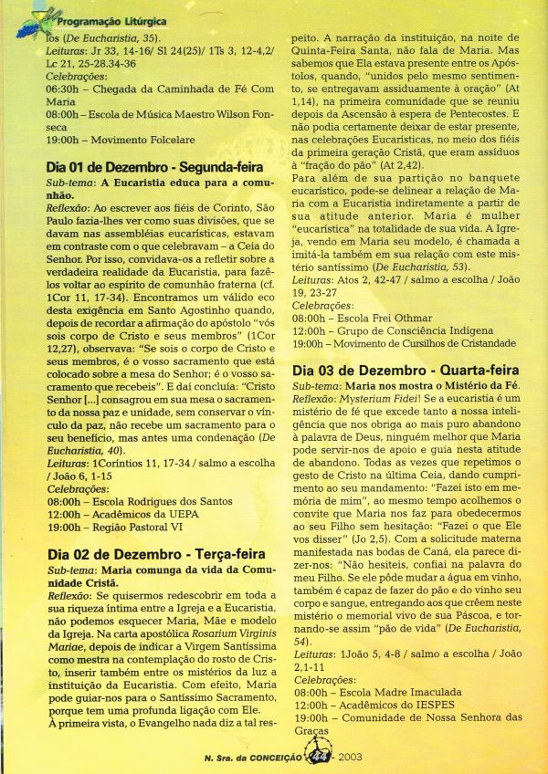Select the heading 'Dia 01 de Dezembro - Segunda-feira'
(154, 168)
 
